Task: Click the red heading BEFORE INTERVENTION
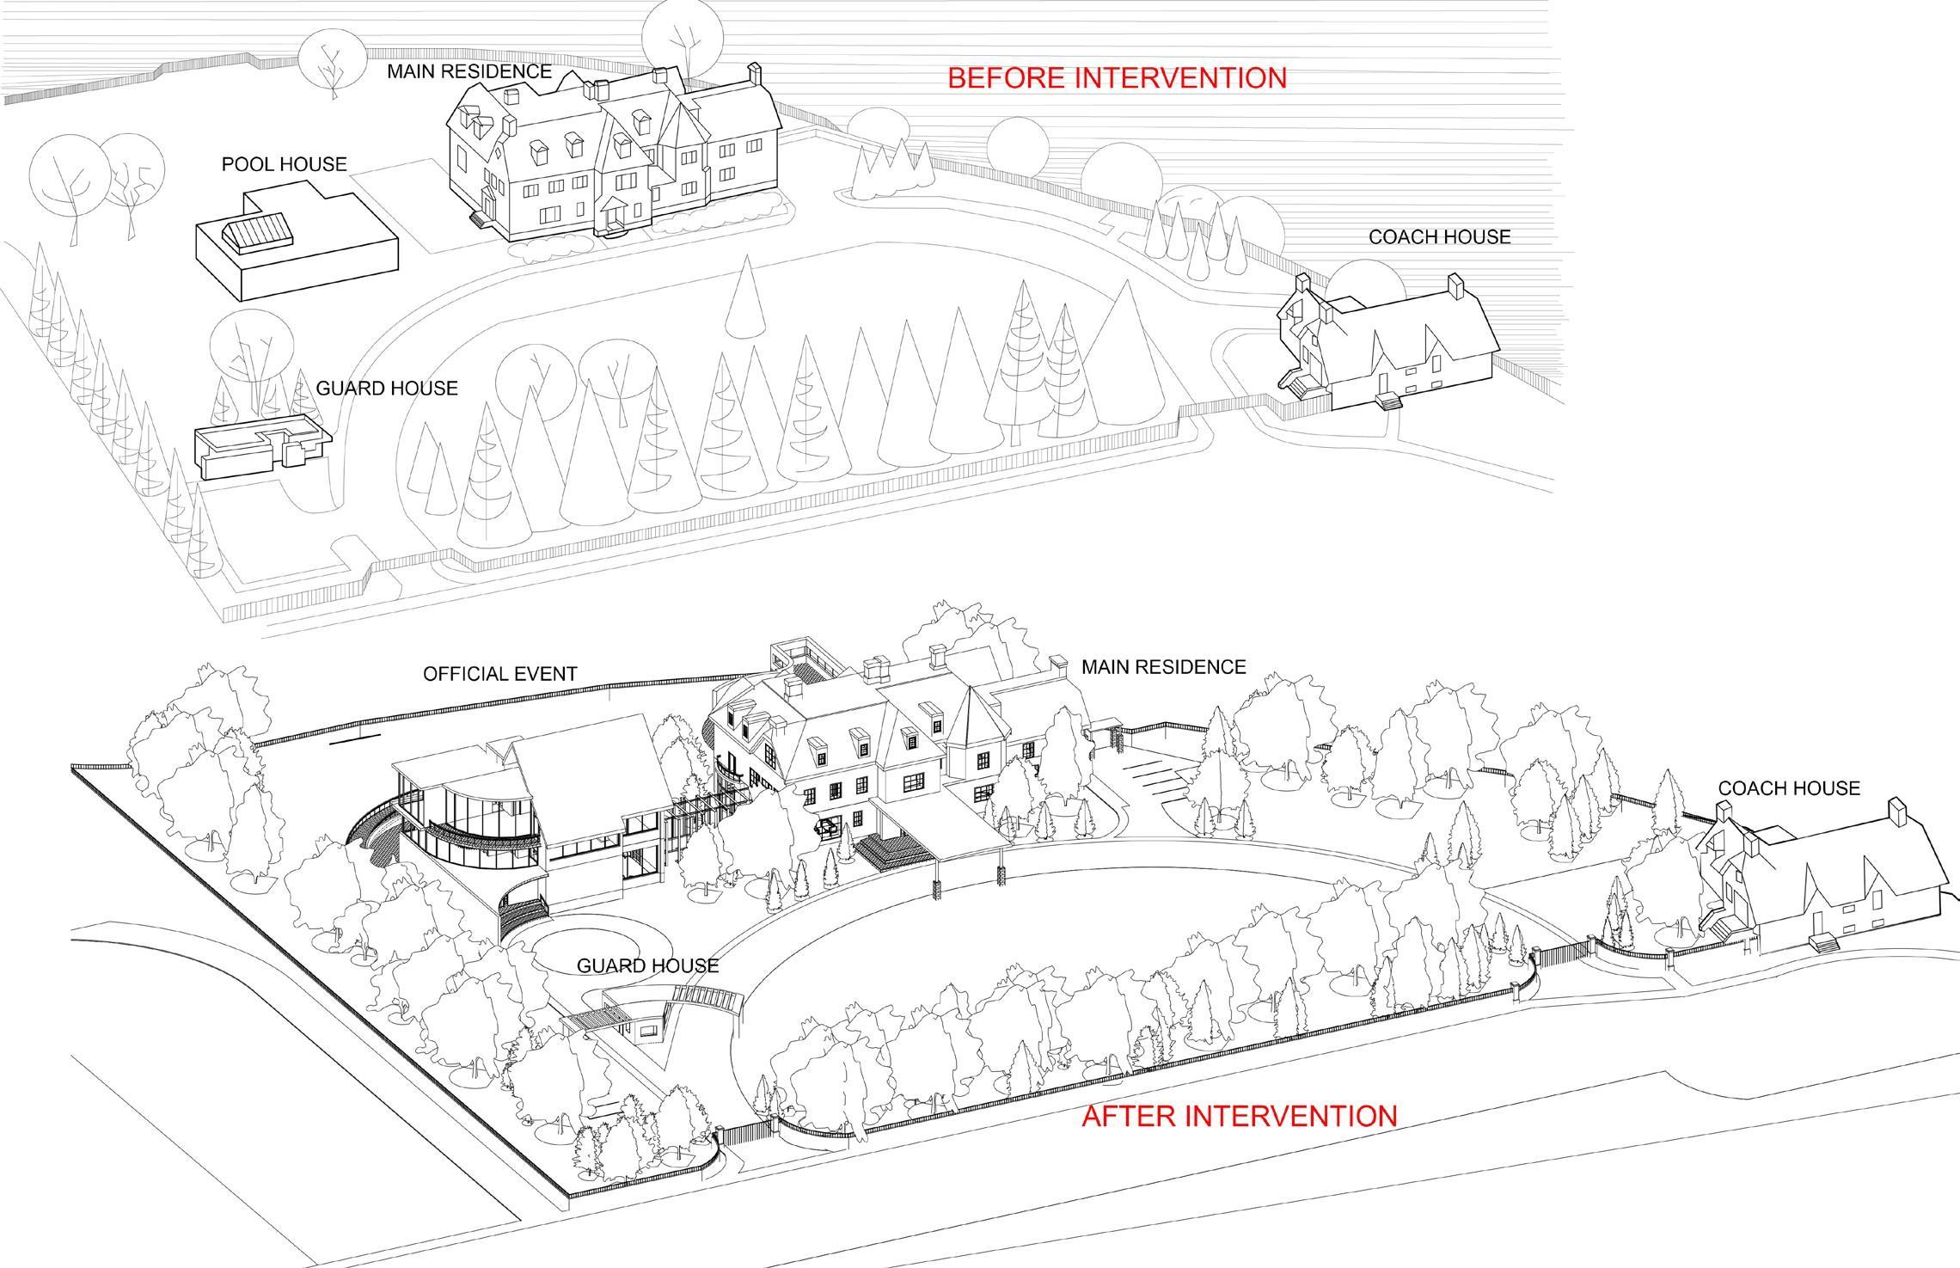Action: [x=1117, y=78]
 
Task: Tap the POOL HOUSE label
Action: [x=284, y=164]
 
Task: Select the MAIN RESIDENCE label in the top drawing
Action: [x=469, y=71]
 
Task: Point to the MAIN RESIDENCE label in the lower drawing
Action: [x=1163, y=666]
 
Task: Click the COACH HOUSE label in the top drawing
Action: [x=1439, y=236]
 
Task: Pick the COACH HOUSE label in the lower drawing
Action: [x=1788, y=787]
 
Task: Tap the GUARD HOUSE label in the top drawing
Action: [x=387, y=389]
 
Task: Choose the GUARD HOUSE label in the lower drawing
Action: [x=647, y=965]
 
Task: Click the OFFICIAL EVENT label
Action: [x=499, y=674]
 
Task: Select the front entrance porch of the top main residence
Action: [x=614, y=215]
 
